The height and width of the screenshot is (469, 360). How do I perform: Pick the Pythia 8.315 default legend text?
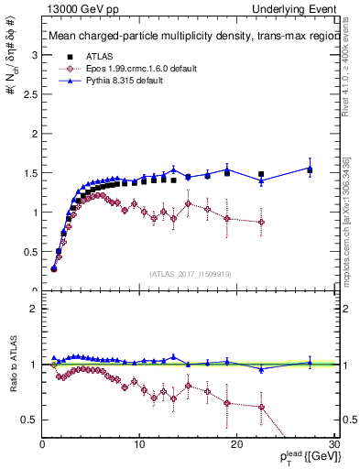124,80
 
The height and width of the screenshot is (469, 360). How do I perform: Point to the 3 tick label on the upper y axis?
33,55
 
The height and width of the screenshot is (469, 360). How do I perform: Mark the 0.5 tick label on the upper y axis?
29,251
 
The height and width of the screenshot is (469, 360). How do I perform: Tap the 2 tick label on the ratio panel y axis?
33,309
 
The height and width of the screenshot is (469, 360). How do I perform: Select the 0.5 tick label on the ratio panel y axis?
29,420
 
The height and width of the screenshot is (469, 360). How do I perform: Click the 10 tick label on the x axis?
139,444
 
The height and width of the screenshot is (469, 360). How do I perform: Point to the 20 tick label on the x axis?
236,444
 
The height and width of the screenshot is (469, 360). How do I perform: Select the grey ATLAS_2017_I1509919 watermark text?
190,273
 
